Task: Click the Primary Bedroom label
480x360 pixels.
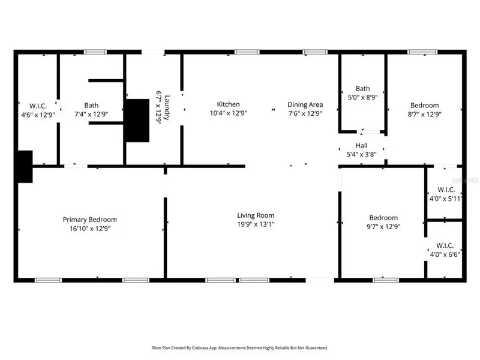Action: coord(90,220)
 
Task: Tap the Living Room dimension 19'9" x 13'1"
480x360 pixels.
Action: coord(256,224)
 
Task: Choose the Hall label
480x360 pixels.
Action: coord(361,145)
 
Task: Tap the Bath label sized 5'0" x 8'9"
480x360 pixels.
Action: coord(362,88)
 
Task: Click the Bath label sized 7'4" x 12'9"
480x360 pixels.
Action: coord(91,104)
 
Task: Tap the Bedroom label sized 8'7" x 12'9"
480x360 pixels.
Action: coord(424,105)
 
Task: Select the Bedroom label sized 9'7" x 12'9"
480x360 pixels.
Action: coord(383,218)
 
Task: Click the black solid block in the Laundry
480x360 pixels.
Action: coord(137,121)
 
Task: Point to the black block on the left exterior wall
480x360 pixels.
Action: coord(24,166)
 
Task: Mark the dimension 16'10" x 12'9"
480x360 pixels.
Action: coord(90,228)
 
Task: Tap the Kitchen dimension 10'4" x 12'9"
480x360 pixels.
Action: coord(228,113)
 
